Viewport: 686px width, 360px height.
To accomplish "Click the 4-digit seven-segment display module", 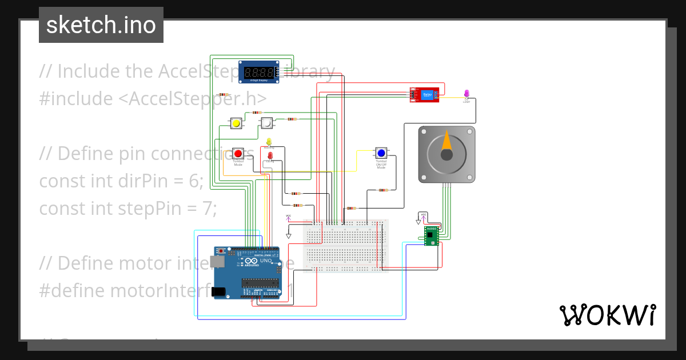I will [258, 72].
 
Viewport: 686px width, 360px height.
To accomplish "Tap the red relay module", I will [424, 95].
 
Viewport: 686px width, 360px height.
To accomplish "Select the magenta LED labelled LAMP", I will [466, 93].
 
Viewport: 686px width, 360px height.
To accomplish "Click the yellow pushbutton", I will [236, 123].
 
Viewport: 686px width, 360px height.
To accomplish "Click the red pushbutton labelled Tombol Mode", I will [238, 153].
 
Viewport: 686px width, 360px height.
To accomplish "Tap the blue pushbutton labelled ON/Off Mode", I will [381, 153].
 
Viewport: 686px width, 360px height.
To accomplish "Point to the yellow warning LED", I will [269, 142].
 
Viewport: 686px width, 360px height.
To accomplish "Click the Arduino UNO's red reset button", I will [221, 251].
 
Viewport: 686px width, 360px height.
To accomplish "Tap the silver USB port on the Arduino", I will [216, 262].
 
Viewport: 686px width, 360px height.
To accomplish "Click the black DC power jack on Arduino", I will [218, 291].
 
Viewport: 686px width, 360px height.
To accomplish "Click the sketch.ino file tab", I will [101, 25].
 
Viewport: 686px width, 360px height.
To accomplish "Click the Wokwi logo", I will [607, 315].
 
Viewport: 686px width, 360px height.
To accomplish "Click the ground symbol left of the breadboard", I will [289, 235].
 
